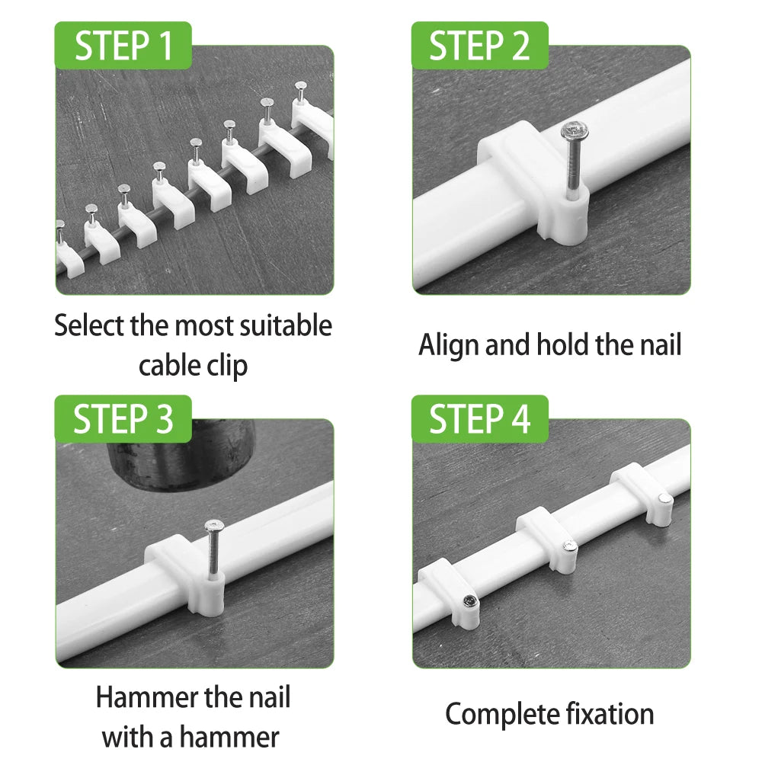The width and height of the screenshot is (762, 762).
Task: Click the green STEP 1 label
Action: (x=123, y=46)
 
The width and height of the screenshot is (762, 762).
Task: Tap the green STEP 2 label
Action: (x=479, y=46)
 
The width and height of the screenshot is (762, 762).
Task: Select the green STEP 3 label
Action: (x=123, y=419)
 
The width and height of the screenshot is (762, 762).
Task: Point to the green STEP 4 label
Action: (x=479, y=419)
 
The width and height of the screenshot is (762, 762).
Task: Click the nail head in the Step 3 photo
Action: (x=215, y=525)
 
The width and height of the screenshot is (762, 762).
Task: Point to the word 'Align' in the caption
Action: (x=449, y=344)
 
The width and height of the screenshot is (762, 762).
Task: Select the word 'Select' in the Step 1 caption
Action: (x=89, y=326)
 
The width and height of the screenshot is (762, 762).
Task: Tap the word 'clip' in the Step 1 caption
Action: (x=226, y=366)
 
